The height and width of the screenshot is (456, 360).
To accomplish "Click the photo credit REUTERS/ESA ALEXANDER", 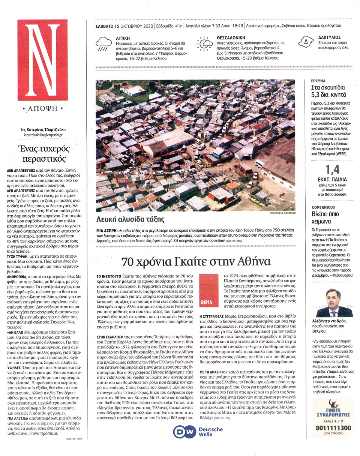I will tap(282, 213).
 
